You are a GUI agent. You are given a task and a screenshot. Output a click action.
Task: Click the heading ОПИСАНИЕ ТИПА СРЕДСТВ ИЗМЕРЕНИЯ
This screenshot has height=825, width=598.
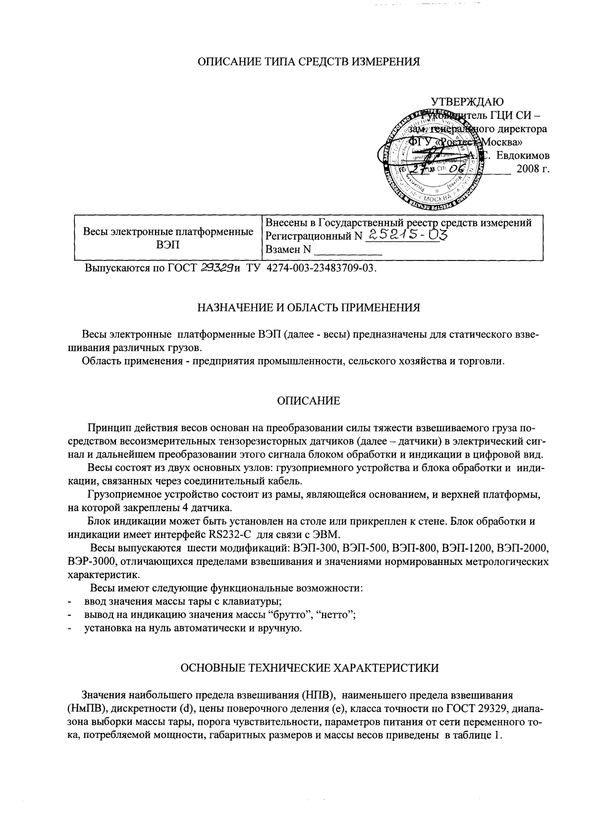coord(309,62)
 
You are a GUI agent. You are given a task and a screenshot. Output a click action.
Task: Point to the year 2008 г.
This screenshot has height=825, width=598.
coord(533,168)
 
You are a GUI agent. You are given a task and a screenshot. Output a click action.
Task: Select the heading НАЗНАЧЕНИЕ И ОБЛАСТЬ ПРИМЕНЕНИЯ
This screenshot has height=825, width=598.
coord(309,308)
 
